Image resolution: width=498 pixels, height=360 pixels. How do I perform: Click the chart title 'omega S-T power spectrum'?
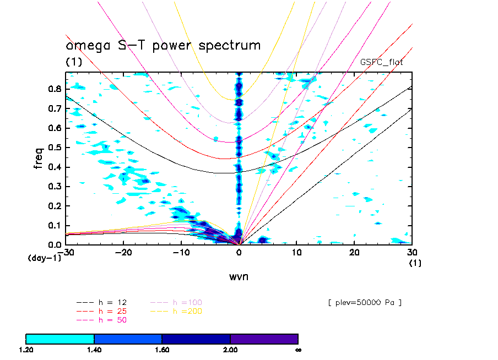[x=163, y=46]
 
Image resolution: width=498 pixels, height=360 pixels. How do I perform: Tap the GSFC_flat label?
[x=381, y=62]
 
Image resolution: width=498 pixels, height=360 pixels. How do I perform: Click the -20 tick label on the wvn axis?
[x=123, y=252]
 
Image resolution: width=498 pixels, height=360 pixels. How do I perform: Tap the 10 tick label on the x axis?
[x=297, y=252]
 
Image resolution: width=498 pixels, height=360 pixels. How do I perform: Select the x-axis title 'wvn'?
[x=239, y=276]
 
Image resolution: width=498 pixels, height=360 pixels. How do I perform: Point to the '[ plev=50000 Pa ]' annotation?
[x=364, y=303]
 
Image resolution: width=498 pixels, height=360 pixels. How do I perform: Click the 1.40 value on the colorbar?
[x=94, y=350]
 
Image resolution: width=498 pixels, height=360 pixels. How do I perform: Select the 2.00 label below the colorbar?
[x=230, y=350]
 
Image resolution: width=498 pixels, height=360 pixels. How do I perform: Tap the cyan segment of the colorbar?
[x=60, y=339]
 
